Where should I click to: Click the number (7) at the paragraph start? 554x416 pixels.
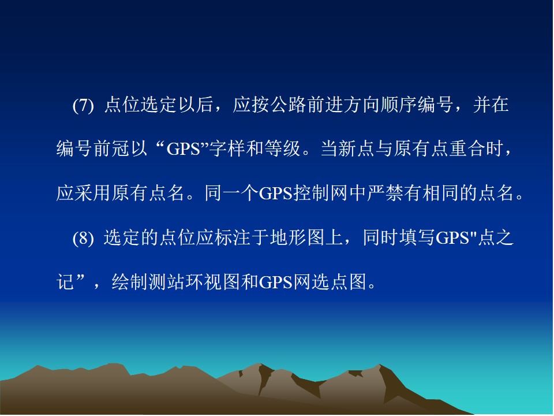(x=83, y=105)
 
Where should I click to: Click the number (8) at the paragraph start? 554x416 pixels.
(x=83, y=238)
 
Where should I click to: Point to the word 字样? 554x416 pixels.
(x=227, y=148)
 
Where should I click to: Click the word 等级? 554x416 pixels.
(x=282, y=148)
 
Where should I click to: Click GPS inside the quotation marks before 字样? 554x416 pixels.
(x=184, y=149)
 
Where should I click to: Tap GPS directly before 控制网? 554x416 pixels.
(x=276, y=193)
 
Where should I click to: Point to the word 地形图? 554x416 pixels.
(x=297, y=237)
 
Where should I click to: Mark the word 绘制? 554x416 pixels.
(x=130, y=282)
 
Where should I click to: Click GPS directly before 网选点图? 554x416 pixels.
(x=276, y=283)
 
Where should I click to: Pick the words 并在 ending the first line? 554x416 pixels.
(x=491, y=105)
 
